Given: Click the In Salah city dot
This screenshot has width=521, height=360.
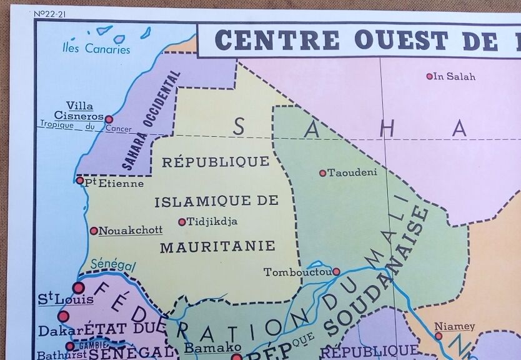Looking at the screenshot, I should [429, 76].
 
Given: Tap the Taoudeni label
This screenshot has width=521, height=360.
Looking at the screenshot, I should [352, 172].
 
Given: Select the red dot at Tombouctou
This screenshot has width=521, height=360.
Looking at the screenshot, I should [336, 271].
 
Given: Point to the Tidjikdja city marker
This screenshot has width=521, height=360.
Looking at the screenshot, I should [182, 222].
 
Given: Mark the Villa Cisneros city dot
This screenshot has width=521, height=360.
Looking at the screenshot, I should [109, 119].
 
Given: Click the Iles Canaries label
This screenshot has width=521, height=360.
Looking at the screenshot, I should [97, 49].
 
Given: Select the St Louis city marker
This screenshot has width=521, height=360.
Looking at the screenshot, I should [78, 287].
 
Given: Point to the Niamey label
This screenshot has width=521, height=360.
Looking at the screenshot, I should [455, 326].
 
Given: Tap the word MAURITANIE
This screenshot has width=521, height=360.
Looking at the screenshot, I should [217, 246].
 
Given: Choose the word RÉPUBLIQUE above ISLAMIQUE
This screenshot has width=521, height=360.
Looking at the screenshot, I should [216, 161].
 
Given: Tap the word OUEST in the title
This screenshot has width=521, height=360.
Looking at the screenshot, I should [402, 40].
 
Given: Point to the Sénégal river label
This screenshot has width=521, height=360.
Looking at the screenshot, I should [113, 265].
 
